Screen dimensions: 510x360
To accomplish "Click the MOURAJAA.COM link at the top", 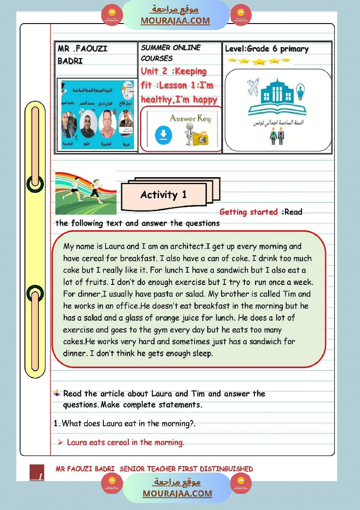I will coord(175,21).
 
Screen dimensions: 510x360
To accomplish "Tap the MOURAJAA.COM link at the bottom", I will coord(177,493).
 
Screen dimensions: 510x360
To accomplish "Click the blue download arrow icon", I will coord(163,136).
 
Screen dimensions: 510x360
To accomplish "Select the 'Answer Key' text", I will coord(190,118).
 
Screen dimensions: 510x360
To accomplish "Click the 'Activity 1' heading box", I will coord(163,195).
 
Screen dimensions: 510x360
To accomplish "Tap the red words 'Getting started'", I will coord(248,212).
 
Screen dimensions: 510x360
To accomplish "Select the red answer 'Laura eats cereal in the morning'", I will coord(125,442).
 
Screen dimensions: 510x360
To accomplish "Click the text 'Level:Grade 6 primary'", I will coord(267,49).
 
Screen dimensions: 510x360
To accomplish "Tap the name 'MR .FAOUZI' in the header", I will coord(82,49).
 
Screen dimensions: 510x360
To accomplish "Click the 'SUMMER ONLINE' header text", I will coord(171,48).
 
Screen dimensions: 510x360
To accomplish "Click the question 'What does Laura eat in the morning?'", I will coord(131,423).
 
